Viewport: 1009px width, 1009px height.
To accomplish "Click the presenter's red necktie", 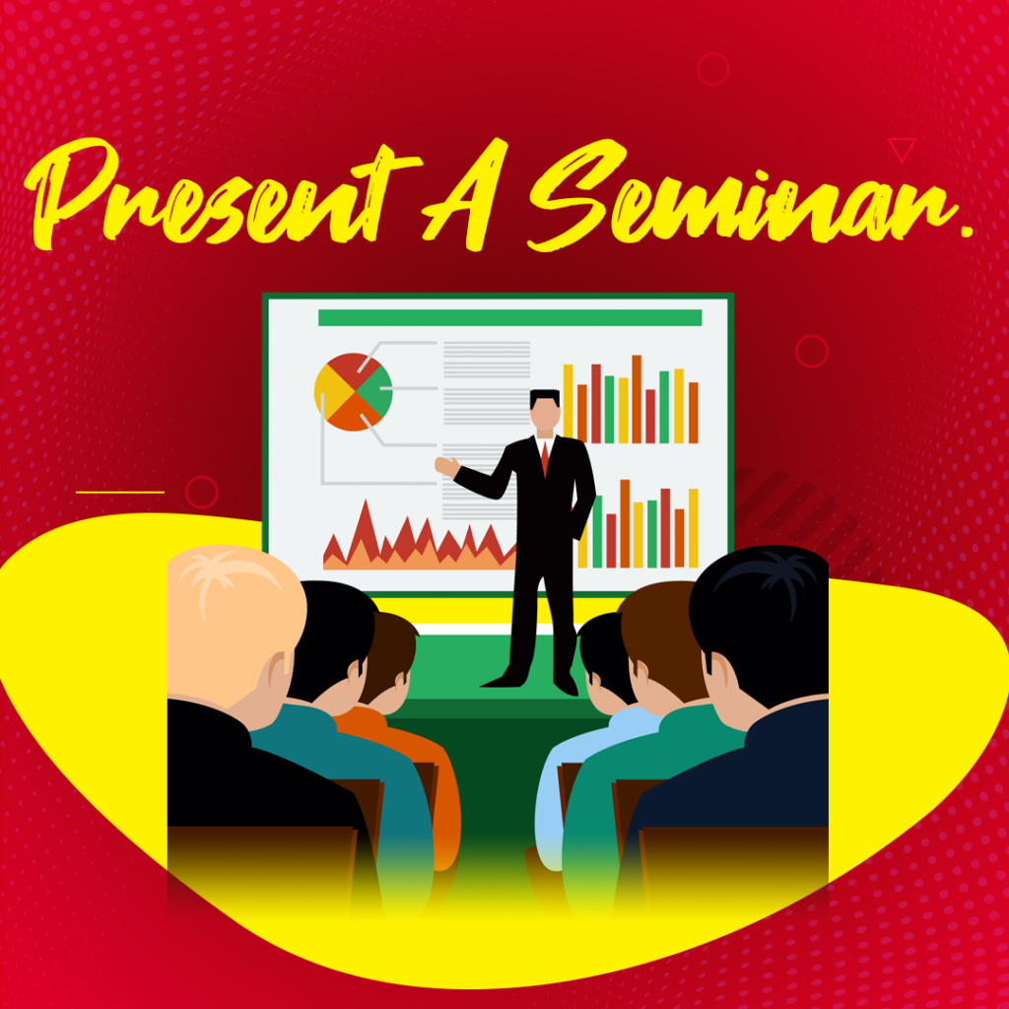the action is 545,458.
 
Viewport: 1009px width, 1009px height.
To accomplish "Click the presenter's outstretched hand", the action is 446,466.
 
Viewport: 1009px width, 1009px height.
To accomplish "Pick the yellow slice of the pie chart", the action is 331,390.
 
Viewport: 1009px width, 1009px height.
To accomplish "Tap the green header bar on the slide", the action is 509,318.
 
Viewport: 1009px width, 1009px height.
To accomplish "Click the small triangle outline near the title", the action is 902,148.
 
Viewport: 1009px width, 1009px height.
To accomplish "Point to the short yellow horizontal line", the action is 119,493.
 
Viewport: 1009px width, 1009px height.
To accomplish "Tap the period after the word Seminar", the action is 967,231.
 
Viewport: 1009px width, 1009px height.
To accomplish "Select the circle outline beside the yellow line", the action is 201,493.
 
